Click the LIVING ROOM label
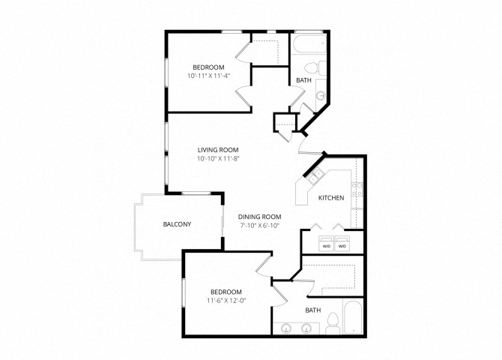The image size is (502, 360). coord(218,150)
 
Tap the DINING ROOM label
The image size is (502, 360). coord(260,217)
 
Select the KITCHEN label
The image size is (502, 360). coord(331,198)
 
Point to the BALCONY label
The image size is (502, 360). coord(177,224)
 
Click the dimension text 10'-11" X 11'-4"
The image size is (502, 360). coord(209,76)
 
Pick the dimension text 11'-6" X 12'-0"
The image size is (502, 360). coord(227,301)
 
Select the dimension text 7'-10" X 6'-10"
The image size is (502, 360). coord(259,225)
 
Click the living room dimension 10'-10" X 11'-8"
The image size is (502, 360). coord(218,158)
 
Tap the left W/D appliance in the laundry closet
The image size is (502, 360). coord(326,243)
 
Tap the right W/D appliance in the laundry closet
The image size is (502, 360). coord(342,243)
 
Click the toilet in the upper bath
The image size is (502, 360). coord(315,68)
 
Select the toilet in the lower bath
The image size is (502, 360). coord(333,323)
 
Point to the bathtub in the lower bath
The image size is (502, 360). coord(353,316)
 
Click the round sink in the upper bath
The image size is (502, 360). coord(321,95)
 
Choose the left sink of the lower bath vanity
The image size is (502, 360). coord(285,328)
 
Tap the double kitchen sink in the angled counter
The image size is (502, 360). coord(315,175)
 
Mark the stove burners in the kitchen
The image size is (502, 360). coord(357,189)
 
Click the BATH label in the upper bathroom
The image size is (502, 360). coord(303,80)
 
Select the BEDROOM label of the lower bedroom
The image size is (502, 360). coord(226,292)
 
